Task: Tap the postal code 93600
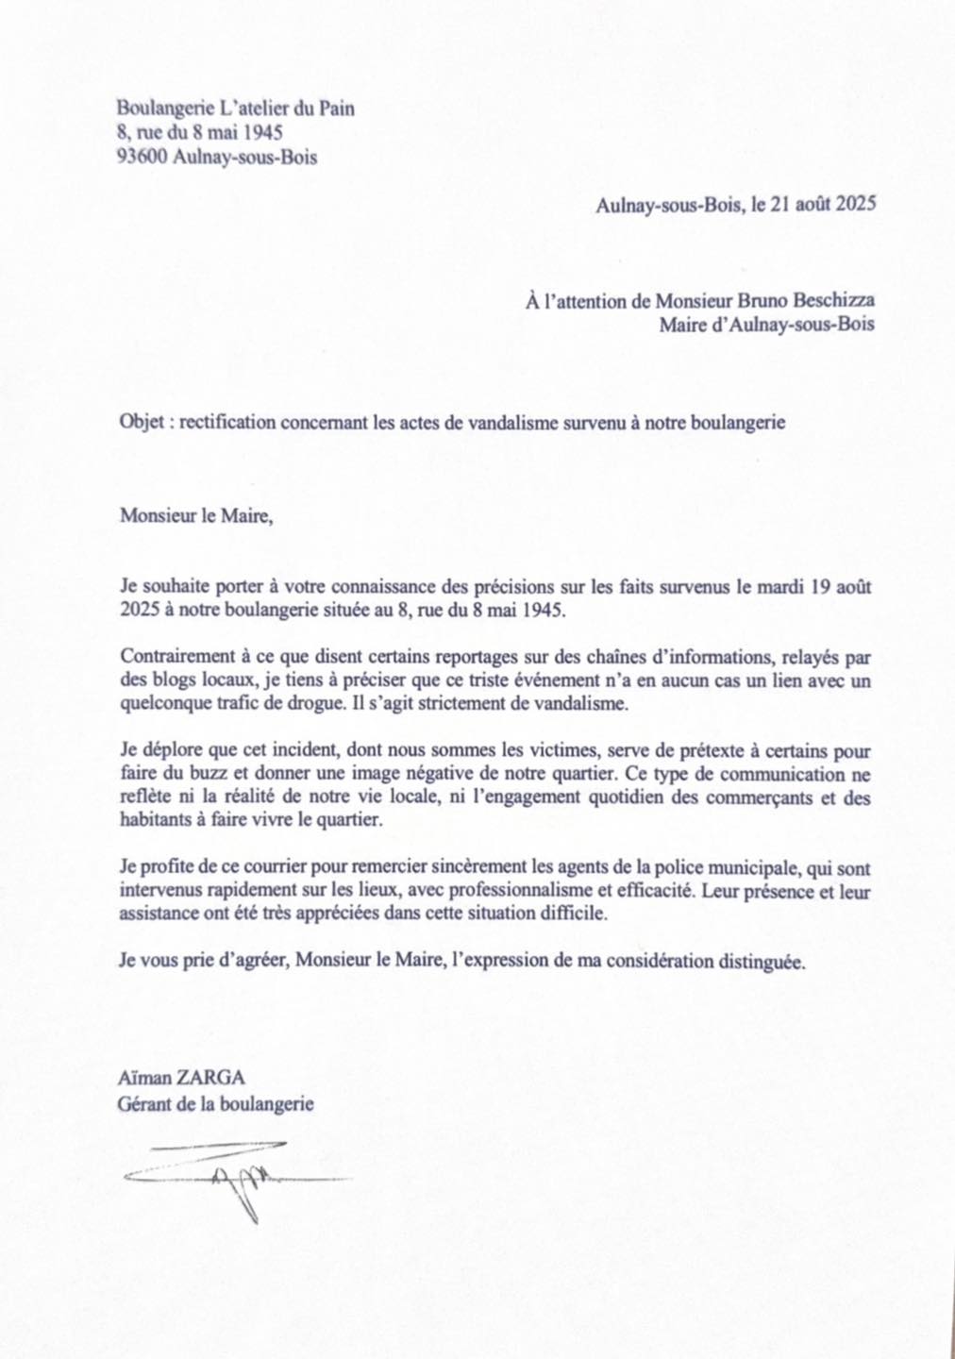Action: click(142, 157)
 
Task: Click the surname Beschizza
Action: click(828, 301)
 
